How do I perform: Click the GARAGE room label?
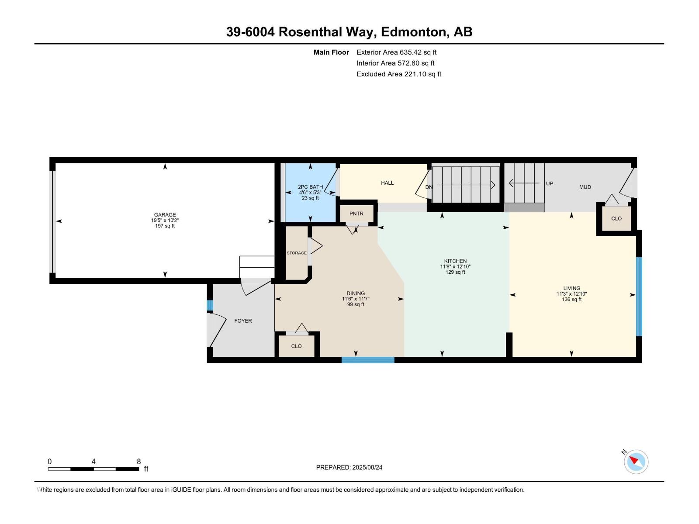tap(165, 215)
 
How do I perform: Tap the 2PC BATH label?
tap(310, 187)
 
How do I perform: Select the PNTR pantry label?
tap(356, 214)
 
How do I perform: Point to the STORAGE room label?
tap(297, 253)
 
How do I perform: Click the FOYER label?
tap(243, 321)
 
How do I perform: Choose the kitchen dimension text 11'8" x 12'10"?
tap(455, 267)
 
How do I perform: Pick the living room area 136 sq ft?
tap(571, 300)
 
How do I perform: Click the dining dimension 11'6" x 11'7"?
tap(355, 299)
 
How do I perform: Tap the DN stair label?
tap(429, 187)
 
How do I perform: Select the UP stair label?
tap(549, 183)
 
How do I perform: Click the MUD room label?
tap(585, 187)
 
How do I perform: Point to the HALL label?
tap(387, 183)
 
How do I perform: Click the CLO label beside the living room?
tap(616, 219)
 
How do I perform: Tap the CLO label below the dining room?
tap(296, 346)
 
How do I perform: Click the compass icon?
tap(636, 462)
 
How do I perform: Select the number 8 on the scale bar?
tap(138, 461)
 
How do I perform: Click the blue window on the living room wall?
tap(639, 296)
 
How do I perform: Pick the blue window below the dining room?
tap(368, 360)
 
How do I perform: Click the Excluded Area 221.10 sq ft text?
tap(399, 74)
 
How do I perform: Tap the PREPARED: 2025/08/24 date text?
tap(349, 467)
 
